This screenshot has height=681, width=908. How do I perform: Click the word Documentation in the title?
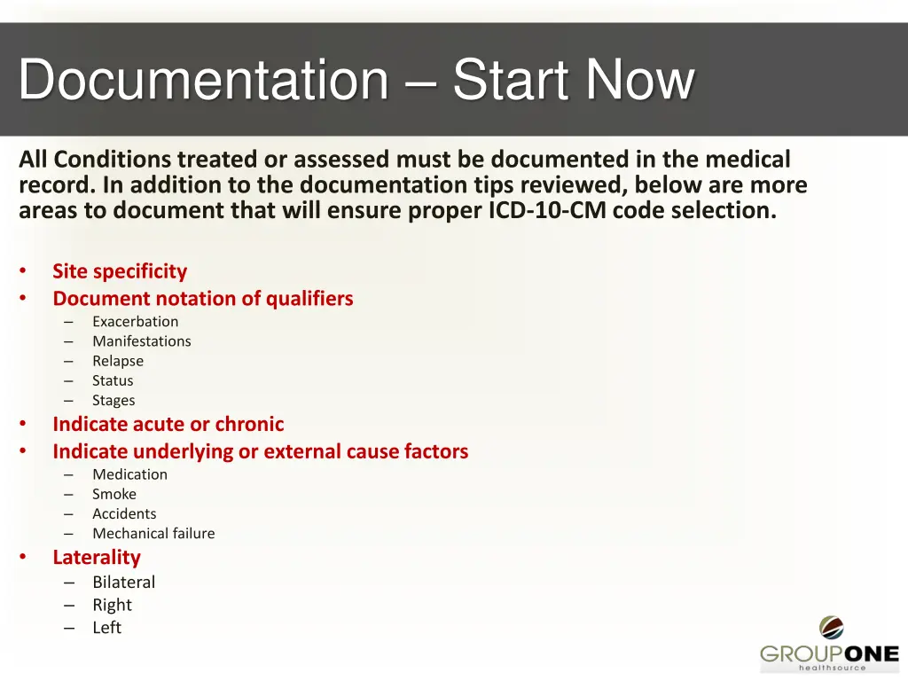click(x=203, y=80)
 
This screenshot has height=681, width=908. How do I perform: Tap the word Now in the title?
click(x=639, y=80)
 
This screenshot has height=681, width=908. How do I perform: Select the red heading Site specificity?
click(x=120, y=271)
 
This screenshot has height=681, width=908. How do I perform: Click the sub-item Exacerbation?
click(x=135, y=321)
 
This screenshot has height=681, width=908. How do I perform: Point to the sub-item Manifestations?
click(x=141, y=340)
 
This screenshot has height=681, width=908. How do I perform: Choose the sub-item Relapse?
click(x=117, y=361)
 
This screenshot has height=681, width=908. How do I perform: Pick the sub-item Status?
click(x=113, y=380)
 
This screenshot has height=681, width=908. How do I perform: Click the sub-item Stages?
click(x=113, y=400)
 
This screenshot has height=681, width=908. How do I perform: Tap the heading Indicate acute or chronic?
click(x=168, y=424)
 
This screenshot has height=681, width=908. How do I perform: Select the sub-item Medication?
click(x=129, y=474)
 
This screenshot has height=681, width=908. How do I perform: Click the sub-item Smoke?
click(x=114, y=494)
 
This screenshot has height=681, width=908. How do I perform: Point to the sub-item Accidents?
click(x=124, y=513)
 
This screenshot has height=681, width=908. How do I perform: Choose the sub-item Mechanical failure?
click(x=153, y=533)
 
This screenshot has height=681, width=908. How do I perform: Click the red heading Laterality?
click(x=96, y=557)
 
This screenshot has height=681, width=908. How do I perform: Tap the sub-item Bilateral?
click(x=123, y=582)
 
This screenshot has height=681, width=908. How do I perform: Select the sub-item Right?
click(x=112, y=605)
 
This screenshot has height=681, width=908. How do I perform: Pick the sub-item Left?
click(x=106, y=627)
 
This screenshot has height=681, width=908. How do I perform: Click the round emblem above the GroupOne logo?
click(x=831, y=627)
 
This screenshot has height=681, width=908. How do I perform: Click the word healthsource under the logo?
click(x=832, y=668)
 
